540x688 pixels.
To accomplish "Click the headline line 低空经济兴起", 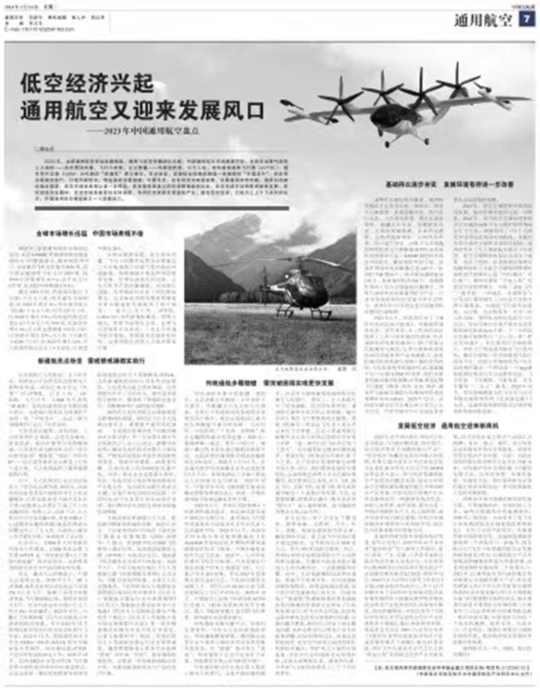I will pyautogui.click(x=88, y=84).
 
